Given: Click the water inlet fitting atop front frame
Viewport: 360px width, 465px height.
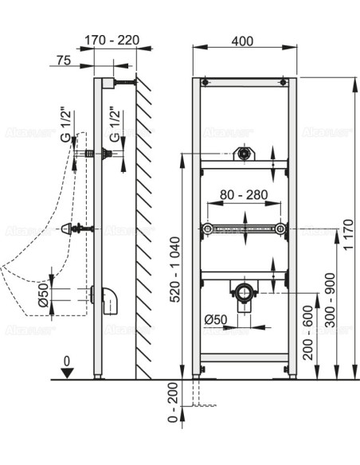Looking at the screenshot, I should (x=245, y=154).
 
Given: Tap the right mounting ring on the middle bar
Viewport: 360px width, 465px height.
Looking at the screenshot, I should (x=280, y=229).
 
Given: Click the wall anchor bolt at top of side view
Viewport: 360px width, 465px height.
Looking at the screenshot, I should (x=123, y=82).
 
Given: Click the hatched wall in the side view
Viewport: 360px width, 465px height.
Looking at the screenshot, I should (x=144, y=231).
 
